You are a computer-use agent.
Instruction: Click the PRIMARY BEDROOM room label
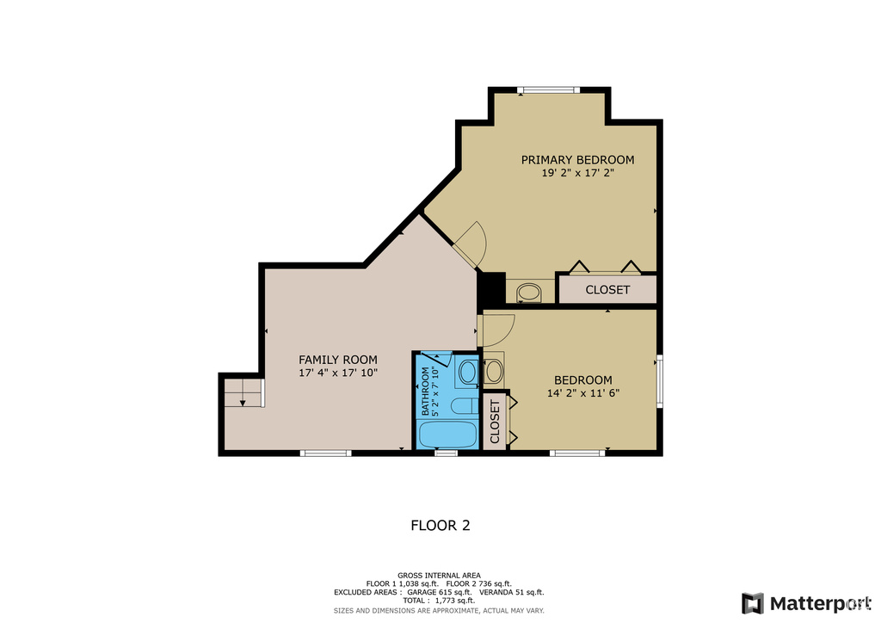coord(577,159)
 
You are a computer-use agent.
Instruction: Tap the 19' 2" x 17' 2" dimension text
coord(577,173)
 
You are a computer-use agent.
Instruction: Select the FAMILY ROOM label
coord(337,360)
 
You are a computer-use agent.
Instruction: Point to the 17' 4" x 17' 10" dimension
coord(337,373)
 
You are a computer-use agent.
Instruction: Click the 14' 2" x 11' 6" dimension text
coord(583,393)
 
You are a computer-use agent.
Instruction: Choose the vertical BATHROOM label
coord(425,392)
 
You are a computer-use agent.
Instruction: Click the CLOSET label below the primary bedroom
coord(607,290)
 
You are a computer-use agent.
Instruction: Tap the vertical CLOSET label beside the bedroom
coord(495,422)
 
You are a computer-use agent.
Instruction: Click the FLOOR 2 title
coord(440,525)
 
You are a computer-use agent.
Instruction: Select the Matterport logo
coord(806,603)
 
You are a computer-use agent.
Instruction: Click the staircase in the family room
coord(243,392)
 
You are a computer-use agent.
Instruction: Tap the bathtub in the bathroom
coord(447,435)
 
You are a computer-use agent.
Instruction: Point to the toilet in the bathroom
coord(464,405)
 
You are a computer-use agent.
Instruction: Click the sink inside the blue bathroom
coord(467,372)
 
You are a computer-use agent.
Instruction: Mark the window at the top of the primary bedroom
coord(548,89)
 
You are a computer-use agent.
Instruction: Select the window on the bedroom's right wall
coord(660,381)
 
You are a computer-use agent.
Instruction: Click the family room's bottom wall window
coord(326,453)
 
